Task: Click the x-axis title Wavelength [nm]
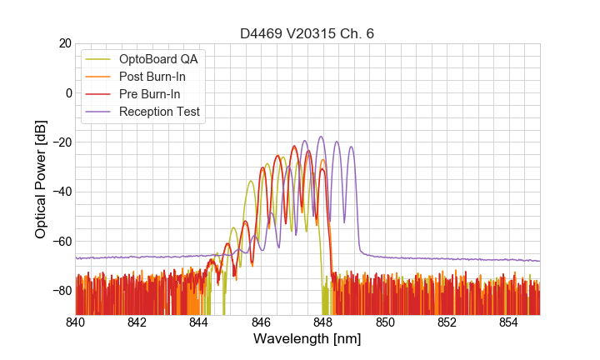(x=307, y=339)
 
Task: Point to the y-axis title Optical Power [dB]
(x=41, y=179)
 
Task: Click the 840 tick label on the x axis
(x=76, y=323)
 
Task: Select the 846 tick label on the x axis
(x=262, y=323)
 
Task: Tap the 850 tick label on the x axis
(x=385, y=323)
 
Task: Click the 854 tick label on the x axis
(x=509, y=323)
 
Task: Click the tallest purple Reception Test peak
(x=320, y=137)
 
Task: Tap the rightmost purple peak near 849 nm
(x=351, y=147)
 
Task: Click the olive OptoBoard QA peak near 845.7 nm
(x=251, y=181)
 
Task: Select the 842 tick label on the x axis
(x=137, y=323)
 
